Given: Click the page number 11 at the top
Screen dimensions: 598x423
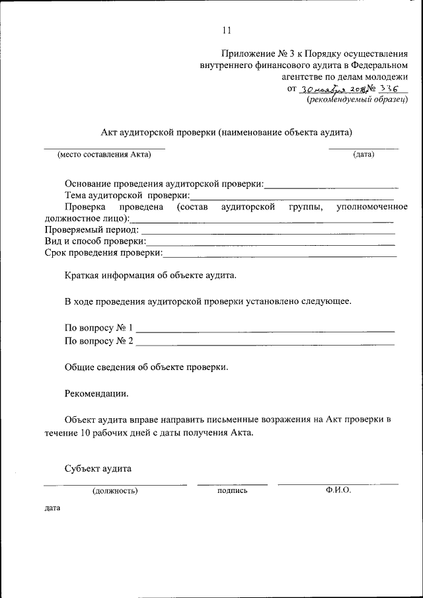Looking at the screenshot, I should pos(227,30).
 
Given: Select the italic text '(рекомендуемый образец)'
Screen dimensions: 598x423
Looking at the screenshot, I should pos(357,100).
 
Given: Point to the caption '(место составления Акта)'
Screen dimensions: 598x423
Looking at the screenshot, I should pos(104,155).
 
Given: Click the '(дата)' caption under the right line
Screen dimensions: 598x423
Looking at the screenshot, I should pos(364,155).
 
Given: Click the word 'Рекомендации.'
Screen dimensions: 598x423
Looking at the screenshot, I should pos(96,393).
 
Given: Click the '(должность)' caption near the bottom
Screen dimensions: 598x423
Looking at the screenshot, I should pos(115,491).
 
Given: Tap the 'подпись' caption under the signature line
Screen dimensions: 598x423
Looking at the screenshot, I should pos(232,491).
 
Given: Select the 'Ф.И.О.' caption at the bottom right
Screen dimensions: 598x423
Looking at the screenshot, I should pos(338,490).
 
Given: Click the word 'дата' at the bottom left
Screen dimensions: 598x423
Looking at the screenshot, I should pos(52,509).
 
